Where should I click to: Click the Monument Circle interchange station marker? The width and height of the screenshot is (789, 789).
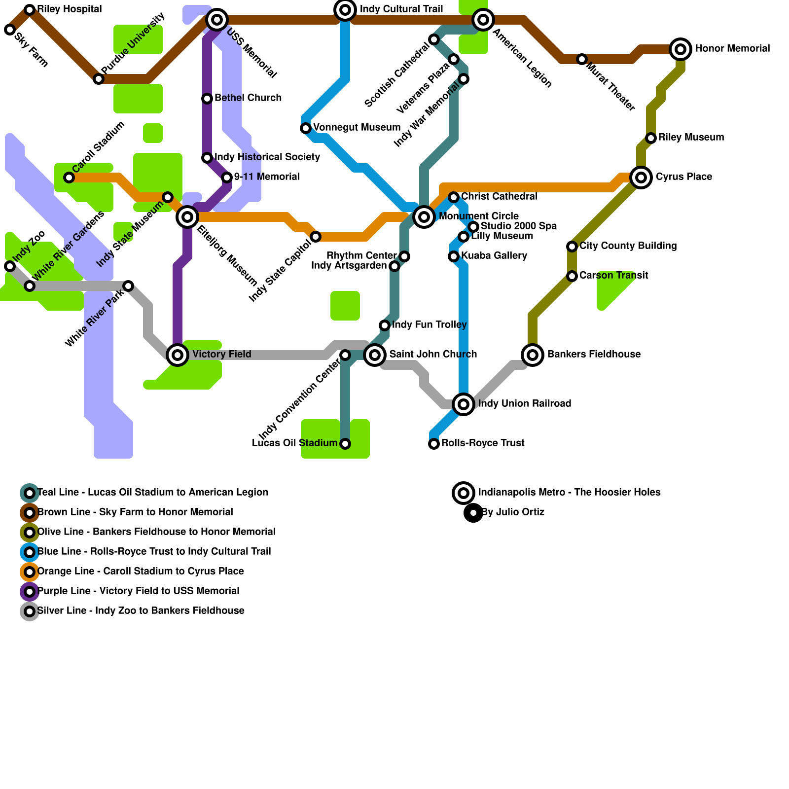point(424,216)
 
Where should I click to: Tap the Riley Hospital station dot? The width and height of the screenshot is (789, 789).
point(30,10)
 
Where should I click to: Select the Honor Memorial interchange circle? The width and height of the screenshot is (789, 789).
point(681,49)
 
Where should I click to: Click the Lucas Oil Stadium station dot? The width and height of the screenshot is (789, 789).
point(345,444)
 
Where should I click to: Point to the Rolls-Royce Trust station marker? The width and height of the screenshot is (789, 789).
point(434,444)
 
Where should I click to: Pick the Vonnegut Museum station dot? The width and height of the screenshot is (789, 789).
point(306,128)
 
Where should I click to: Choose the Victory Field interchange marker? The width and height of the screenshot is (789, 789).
point(178,355)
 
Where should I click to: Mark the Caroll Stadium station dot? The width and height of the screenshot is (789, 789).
point(69,178)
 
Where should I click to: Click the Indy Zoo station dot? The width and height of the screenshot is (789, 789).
point(10,266)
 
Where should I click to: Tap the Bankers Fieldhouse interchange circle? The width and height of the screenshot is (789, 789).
point(533,355)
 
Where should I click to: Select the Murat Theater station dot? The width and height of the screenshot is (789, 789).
point(582,59)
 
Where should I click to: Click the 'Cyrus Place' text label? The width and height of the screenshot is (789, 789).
point(683,177)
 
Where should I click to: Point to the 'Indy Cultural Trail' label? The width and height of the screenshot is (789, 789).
point(401,9)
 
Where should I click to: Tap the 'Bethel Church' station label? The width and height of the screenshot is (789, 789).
point(248,98)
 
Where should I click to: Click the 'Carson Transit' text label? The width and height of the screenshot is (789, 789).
point(613,276)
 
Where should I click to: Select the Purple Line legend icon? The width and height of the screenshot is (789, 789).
point(30,591)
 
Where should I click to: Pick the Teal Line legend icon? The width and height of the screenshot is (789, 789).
point(30,493)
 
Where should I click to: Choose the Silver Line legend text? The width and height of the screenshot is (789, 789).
point(141,611)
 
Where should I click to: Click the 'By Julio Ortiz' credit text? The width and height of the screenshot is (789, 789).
point(513,512)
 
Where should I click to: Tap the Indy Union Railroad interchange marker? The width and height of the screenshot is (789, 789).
point(464,404)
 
